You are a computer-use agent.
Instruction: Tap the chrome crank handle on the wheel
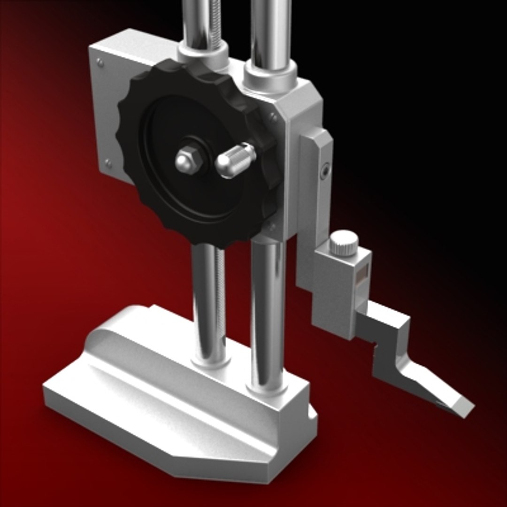[235, 161]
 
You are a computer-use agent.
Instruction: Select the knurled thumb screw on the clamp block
[344, 243]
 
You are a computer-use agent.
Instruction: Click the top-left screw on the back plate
[100, 61]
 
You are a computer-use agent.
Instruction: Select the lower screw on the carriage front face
[271, 227]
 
